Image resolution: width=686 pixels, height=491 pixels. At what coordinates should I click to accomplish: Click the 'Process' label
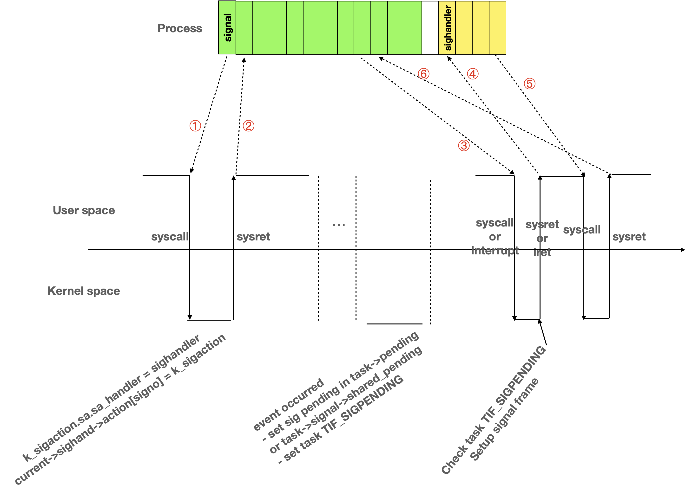point(180,28)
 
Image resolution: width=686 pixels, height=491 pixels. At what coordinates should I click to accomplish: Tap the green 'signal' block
point(227,27)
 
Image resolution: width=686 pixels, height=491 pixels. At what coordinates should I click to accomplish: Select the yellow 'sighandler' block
point(447,28)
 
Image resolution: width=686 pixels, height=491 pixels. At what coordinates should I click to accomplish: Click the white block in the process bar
point(430,28)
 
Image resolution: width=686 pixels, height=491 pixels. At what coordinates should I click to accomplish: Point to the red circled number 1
point(195,126)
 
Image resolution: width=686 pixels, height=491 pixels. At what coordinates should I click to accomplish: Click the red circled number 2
point(248,126)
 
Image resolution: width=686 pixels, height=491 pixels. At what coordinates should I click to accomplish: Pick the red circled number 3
point(464,145)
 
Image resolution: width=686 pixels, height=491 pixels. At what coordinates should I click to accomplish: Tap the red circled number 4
point(472,74)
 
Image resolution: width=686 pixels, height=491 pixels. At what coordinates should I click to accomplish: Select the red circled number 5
point(529,84)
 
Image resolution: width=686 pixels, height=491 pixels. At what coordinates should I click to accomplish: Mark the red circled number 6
point(423,74)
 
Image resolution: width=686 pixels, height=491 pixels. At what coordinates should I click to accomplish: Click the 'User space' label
point(84,210)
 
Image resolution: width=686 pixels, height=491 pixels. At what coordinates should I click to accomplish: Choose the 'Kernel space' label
point(84,291)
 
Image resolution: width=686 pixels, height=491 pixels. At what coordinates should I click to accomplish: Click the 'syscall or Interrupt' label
point(495,237)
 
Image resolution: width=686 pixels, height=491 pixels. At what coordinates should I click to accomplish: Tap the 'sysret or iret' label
point(542,238)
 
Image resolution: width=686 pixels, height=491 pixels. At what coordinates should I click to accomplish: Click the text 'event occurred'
point(289,404)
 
